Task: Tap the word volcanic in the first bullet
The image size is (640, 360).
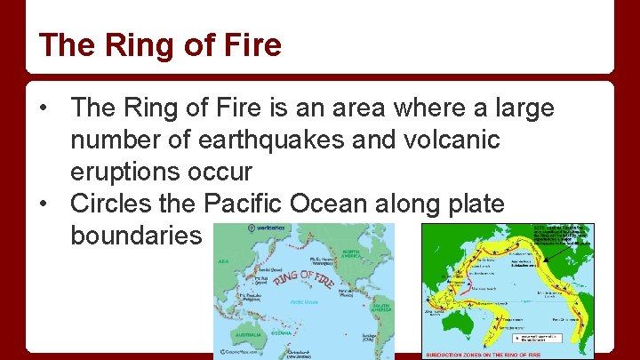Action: coord(452,140)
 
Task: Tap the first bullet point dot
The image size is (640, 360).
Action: coord(42,109)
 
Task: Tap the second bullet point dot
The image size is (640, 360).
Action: coord(42,204)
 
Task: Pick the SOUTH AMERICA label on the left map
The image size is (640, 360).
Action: coord(381,309)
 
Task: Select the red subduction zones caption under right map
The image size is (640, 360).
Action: coord(484,354)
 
